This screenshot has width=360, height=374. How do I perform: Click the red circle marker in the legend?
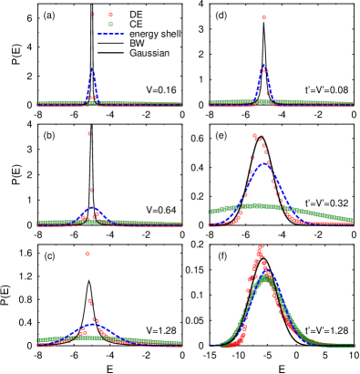tap(110, 15)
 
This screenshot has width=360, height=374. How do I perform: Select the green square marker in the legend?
tap(110, 25)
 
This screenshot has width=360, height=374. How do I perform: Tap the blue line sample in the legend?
tap(110, 35)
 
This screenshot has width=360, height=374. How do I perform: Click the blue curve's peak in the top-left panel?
tap(92, 68)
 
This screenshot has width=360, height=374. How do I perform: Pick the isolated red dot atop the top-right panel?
tap(263, 17)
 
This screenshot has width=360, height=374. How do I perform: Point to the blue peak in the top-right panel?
tap(263, 66)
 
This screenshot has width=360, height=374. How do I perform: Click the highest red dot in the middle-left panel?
tap(88, 134)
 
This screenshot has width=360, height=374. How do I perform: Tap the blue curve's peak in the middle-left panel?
tap(92, 209)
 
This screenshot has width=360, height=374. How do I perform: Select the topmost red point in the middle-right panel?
tap(255, 135)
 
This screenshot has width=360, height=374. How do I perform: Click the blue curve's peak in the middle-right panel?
tap(263, 164)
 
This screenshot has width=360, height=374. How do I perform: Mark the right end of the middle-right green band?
tap(353, 218)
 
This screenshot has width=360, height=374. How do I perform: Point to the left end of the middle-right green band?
tap(210, 212)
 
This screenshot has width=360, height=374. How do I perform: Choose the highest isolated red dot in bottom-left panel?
tap(87, 254)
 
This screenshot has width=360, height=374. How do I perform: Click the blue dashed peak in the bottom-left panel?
tap(92, 323)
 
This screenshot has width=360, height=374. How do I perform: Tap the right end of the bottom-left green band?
tap(181, 343)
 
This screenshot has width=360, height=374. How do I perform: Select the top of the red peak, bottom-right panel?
tap(261, 245)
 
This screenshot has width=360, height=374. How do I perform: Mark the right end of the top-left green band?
tap(181, 103)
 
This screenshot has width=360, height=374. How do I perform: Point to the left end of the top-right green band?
tap(210, 102)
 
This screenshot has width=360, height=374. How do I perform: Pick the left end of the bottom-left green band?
tap(38, 340)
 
